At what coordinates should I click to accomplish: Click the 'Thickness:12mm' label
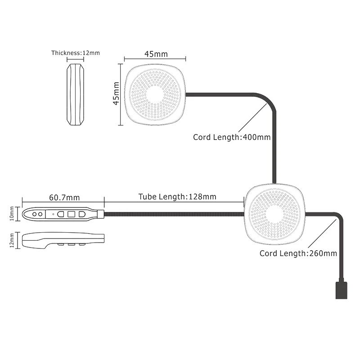tap(76, 53)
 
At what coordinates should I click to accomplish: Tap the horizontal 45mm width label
tap(156, 54)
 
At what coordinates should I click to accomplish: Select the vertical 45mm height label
tap(117, 93)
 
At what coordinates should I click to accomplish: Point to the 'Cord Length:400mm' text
tap(232, 137)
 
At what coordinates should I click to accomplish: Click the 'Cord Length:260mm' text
tap(298, 253)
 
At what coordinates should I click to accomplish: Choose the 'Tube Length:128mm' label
tap(177, 197)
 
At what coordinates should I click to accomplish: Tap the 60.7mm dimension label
tap(64, 198)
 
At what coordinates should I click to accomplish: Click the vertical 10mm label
tap(12, 214)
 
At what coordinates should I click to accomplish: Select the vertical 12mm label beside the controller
tap(12, 241)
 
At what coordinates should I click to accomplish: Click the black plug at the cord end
tap(342, 290)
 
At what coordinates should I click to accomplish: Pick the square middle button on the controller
tap(72, 214)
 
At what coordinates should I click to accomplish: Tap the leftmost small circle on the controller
tap(35, 214)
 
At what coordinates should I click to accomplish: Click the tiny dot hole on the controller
tap(53, 214)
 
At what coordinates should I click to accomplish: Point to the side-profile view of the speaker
tap(75, 94)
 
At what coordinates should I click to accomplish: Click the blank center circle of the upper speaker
tap(155, 94)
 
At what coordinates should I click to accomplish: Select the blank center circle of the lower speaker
tap(274, 215)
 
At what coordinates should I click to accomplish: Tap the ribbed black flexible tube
tap(174, 214)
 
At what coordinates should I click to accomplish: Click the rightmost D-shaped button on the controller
tap(82, 214)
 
